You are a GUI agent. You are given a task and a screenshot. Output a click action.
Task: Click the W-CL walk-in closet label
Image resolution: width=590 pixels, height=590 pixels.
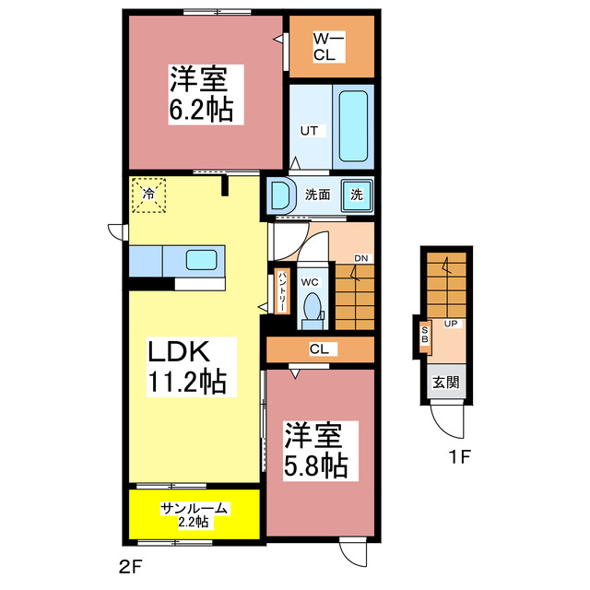(x=328, y=46)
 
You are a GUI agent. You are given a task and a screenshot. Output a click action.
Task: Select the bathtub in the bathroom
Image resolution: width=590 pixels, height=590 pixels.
(x=353, y=125)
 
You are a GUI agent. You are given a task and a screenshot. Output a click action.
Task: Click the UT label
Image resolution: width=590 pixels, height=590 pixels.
(x=308, y=131)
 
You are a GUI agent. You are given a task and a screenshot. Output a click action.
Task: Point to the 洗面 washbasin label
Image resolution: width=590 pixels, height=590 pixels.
(x=318, y=195)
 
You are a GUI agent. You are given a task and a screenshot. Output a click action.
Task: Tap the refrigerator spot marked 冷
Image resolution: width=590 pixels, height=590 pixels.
(x=147, y=194)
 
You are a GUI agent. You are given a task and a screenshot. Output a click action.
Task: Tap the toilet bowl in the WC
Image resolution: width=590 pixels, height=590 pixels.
(x=312, y=305)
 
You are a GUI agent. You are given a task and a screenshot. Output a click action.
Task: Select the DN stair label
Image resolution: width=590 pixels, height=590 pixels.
(x=361, y=259)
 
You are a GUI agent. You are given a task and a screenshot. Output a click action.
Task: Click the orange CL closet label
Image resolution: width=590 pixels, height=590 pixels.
(x=320, y=349)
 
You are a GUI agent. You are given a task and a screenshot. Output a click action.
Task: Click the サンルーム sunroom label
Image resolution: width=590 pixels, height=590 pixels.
(x=195, y=508)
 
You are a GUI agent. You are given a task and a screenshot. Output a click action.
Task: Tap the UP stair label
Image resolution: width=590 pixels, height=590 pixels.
(x=451, y=324)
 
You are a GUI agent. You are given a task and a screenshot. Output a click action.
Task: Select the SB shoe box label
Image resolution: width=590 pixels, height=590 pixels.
(x=425, y=334)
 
